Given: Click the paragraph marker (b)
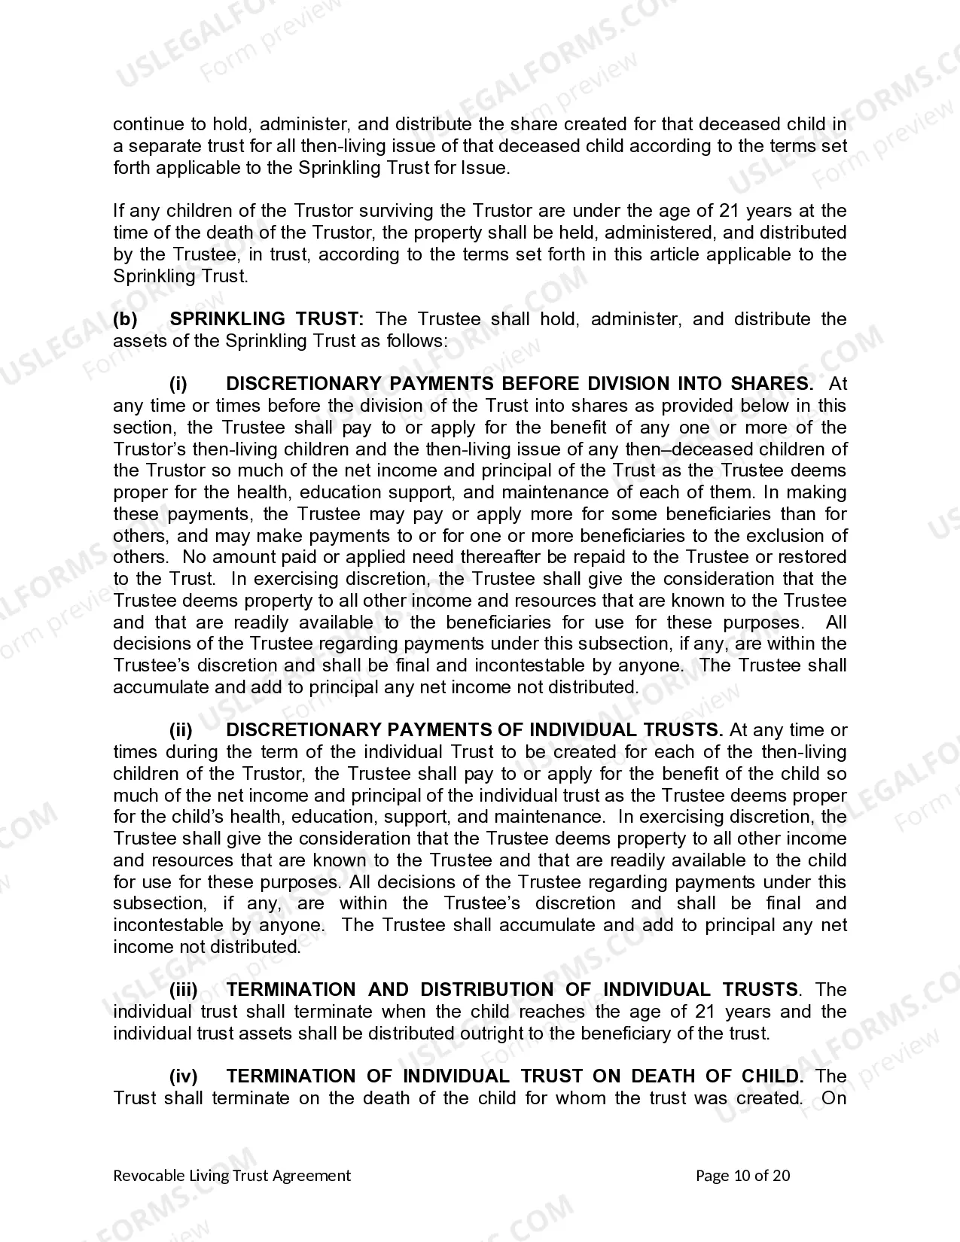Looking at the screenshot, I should [x=125, y=319].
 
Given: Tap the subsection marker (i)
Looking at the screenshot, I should [x=178, y=384].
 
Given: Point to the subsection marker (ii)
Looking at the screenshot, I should [x=181, y=730].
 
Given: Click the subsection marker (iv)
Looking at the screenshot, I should [x=183, y=1076].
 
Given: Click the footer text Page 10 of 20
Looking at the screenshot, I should [x=742, y=1176].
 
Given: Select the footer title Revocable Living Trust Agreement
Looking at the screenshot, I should [x=232, y=1176].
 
